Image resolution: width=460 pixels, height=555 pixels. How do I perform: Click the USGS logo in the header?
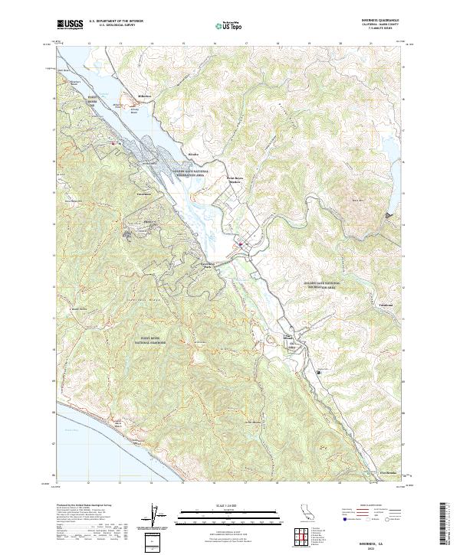click(71, 25)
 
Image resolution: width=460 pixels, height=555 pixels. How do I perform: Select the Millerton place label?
click(145, 96)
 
